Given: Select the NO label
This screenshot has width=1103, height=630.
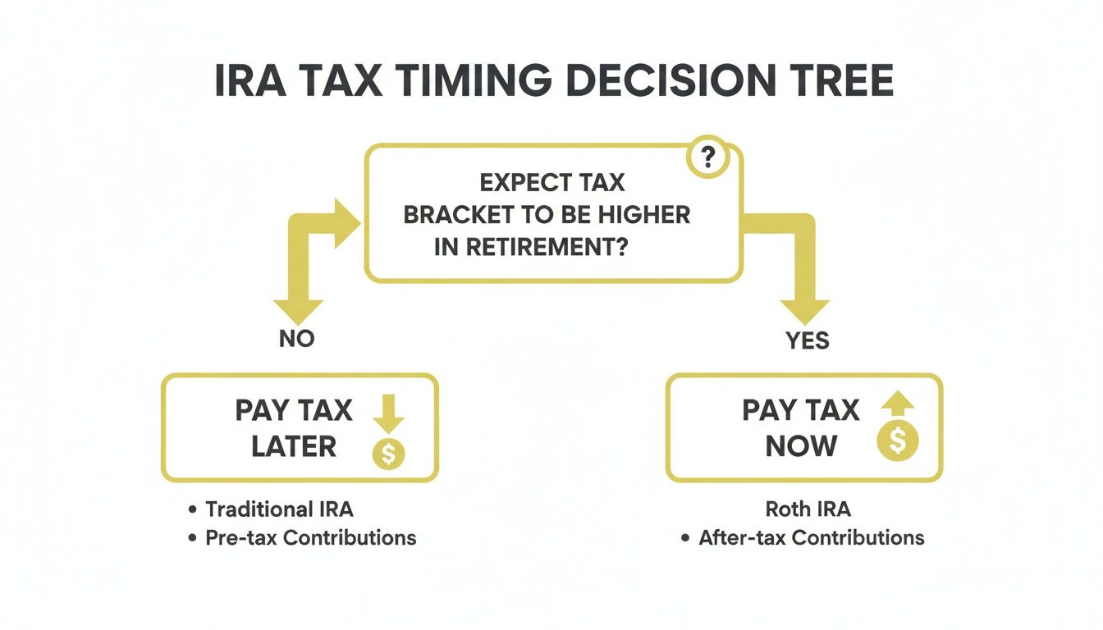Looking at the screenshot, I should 296,338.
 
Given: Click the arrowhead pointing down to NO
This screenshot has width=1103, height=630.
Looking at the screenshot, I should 297,310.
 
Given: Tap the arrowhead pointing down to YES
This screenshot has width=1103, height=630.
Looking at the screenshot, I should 805,311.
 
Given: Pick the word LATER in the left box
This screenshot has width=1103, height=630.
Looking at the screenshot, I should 294,447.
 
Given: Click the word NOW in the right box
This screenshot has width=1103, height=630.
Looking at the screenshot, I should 801,447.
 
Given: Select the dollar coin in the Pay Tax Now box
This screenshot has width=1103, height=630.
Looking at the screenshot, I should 898,442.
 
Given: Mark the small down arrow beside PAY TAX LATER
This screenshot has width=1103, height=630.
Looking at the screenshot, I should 388,415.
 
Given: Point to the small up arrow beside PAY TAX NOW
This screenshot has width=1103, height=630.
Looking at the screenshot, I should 898,404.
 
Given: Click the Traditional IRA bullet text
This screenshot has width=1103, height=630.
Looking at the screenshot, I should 279,509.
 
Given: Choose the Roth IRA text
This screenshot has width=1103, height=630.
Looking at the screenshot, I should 808,509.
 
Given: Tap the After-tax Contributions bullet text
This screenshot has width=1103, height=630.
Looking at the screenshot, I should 811,538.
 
